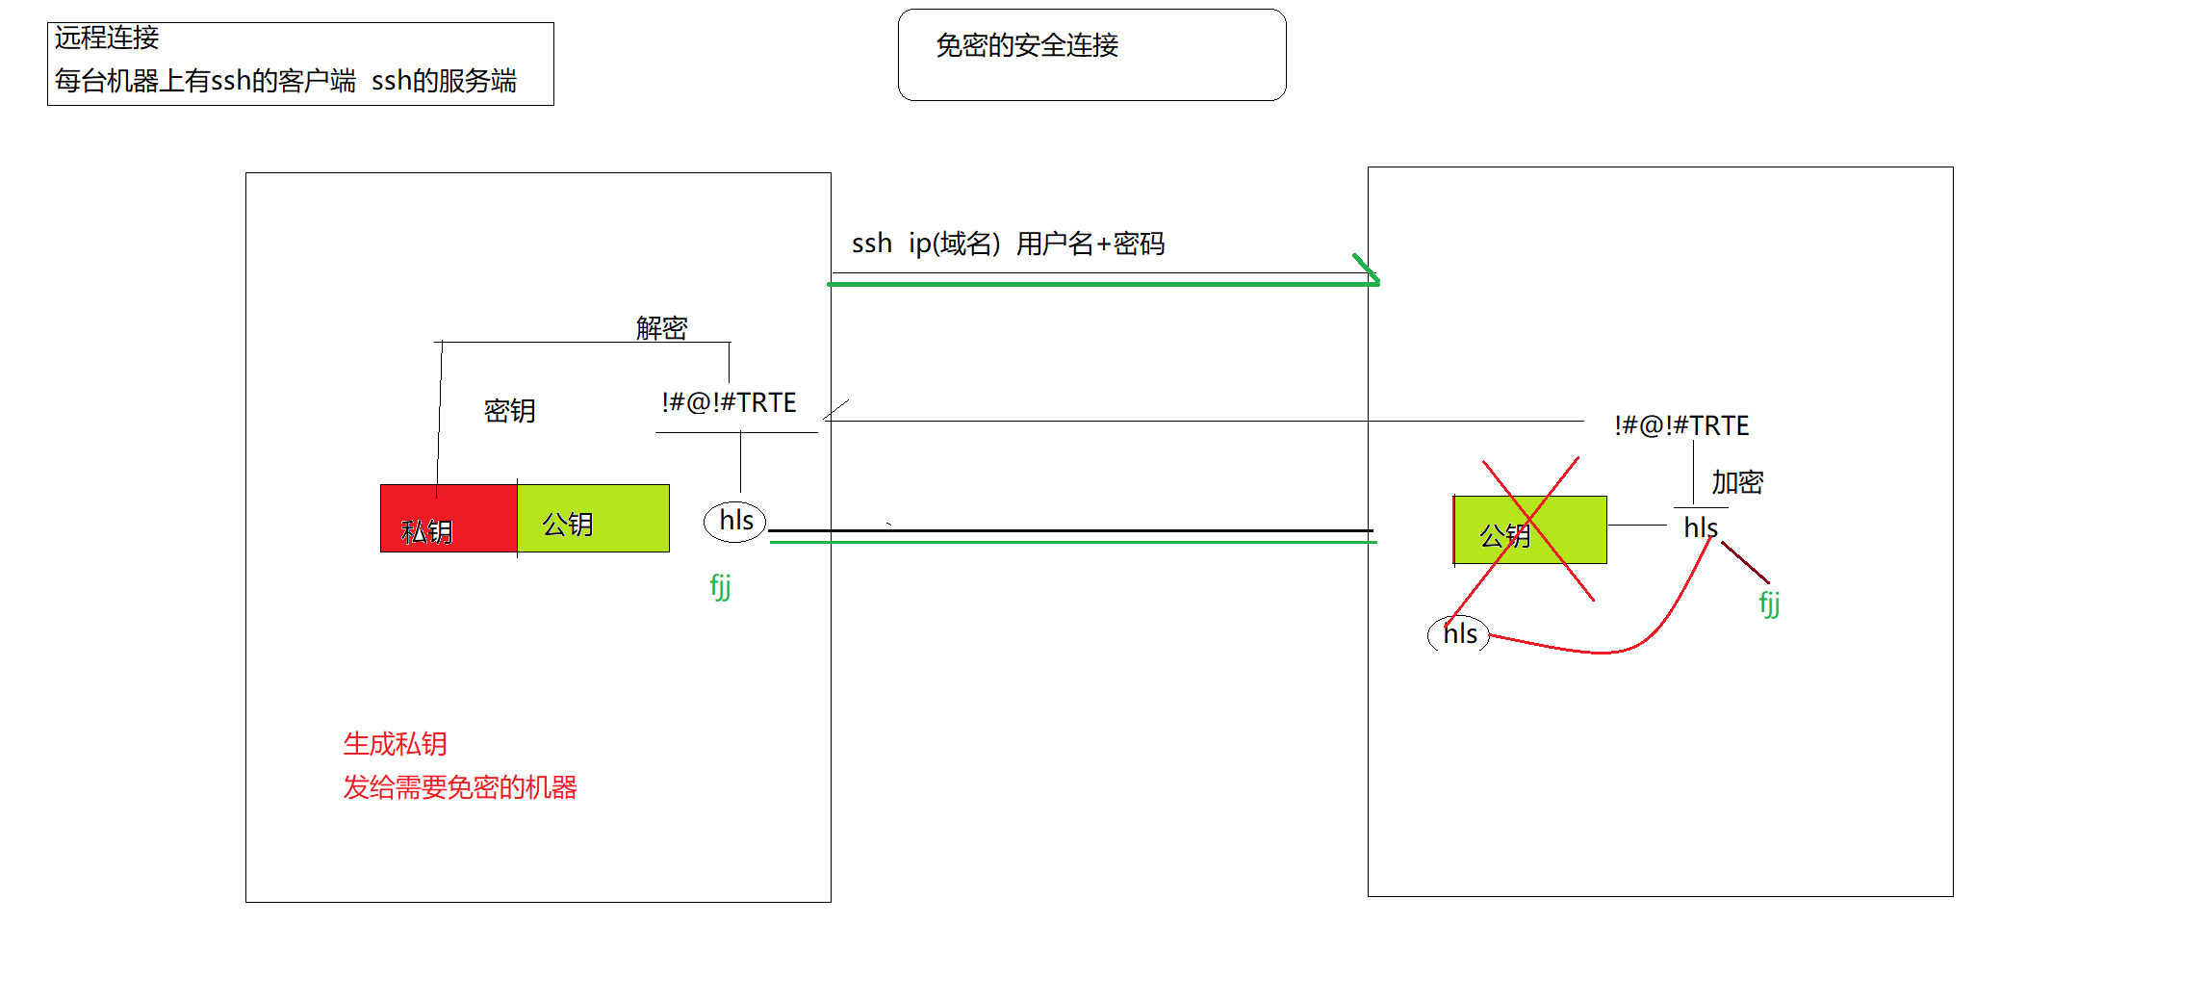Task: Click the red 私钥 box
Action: click(448, 519)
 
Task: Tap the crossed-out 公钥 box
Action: click(1529, 530)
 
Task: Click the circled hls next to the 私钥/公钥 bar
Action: click(735, 521)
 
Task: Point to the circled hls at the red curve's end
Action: click(1459, 633)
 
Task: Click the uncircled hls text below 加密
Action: click(1700, 527)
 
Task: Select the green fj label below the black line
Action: click(720, 585)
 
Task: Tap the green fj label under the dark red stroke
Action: click(1769, 603)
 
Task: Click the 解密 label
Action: click(661, 328)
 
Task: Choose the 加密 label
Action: click(1737, 482)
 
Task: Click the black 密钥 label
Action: click(509, 411)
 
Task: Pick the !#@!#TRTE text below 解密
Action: click(729, 402)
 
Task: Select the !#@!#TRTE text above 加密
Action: click(1681, 425)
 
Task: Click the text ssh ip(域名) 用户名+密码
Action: click(1008, 244)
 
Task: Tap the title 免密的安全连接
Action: click(1027, 45)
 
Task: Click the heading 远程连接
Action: click(107, 38)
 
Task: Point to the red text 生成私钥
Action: click(395, 744)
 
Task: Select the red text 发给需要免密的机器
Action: click(460, 787)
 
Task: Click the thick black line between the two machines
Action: click(1068, 530)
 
